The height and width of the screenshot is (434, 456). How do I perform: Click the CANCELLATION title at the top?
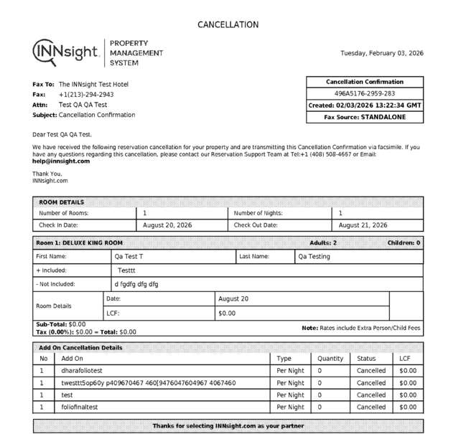coord(228,24)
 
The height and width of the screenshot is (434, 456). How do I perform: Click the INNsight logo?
coord(67,52)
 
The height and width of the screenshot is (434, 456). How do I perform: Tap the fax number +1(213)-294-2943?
coord(86,94)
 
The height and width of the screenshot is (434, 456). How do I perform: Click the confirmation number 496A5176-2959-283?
coord(364,93)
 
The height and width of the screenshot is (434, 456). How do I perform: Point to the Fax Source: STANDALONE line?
coord(364,116)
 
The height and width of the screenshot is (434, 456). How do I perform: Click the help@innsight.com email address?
coord(61,161)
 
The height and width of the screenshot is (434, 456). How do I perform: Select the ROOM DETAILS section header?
coord(61,202)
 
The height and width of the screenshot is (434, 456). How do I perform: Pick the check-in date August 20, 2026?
coord(168,225)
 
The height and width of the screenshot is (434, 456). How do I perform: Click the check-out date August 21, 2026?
coord(363,225)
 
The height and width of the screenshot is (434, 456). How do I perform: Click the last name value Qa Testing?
coord(315,256)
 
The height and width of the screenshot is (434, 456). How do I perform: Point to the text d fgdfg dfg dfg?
coord(136,284)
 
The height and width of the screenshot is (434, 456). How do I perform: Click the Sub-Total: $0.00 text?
coord(60,324)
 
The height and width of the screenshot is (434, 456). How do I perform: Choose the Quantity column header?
coord(330,359)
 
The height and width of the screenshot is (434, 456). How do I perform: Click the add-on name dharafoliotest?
coord(83,371)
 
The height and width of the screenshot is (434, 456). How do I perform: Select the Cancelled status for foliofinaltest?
coord(371,407)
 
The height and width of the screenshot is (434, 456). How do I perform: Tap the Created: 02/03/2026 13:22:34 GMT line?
coord(364,105)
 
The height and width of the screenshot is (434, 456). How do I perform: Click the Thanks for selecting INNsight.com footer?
coord(228,426)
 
